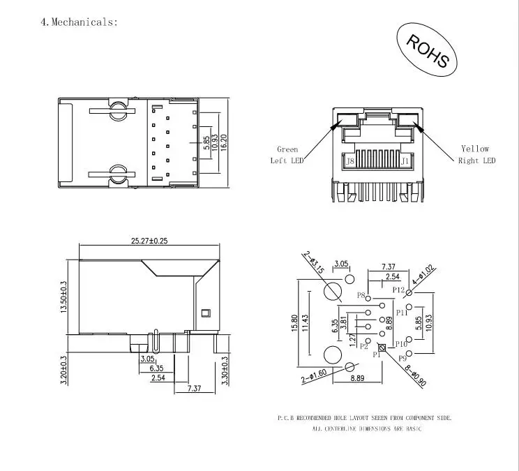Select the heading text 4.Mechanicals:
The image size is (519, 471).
pyautogui.click(x=79, y=22)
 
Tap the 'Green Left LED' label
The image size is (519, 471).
pyautogui.click(x=287, y=155)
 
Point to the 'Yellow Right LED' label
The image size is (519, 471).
pyautogui.click(x=476, y=154)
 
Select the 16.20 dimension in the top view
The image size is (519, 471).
pyautogui.click(x=224, y=142)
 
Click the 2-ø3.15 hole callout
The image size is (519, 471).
pyautogui.click(x=313, y=262)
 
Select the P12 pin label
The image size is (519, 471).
pyautogui.click(x=398, y=290)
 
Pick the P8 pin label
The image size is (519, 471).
pyautogui.click(x=361, y=295)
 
